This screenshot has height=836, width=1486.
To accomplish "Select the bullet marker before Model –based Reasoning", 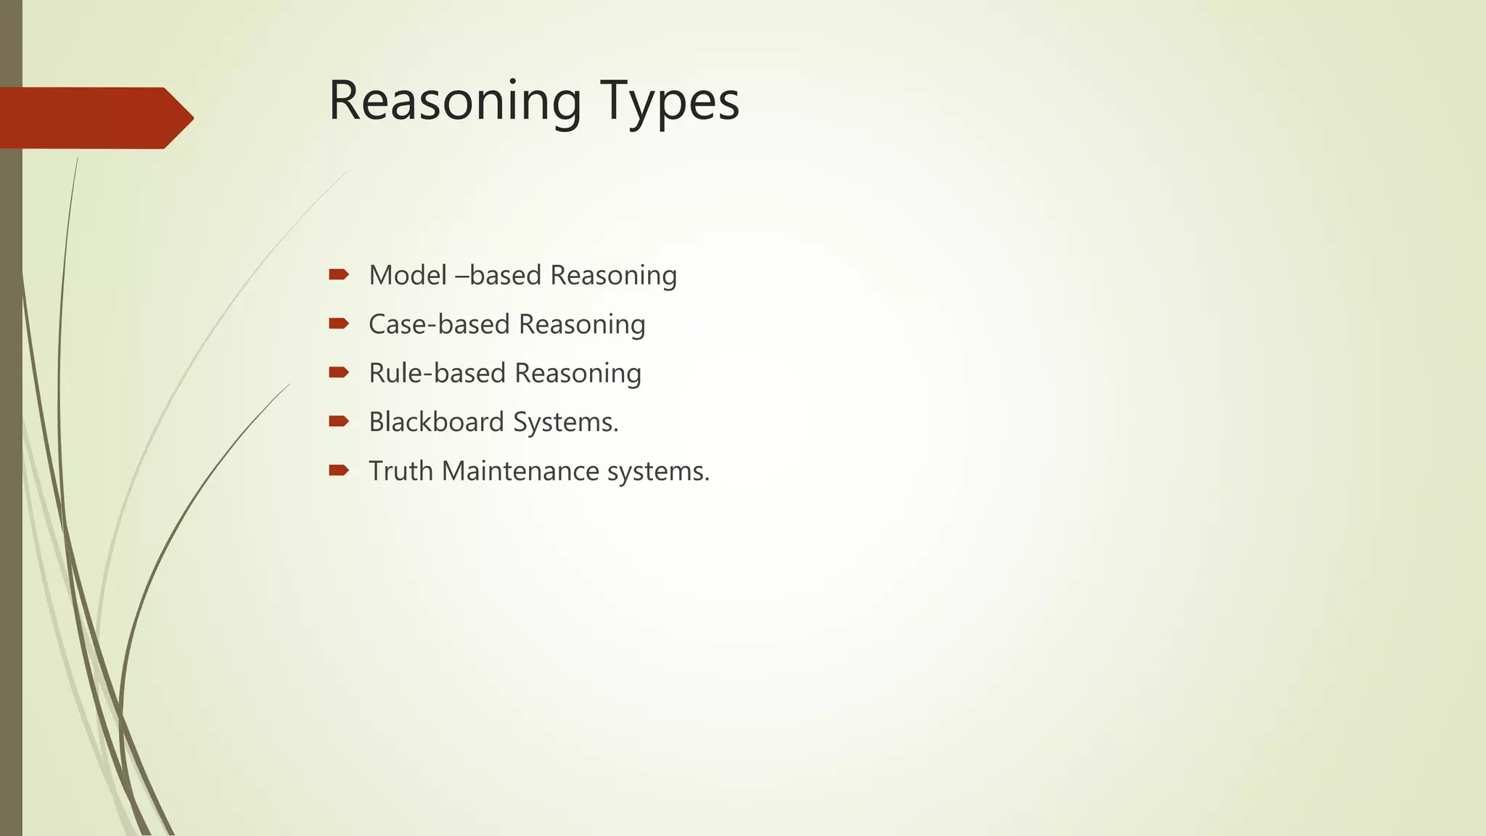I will coord(339,274).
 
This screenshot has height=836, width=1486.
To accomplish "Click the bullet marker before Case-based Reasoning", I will coord(339,324).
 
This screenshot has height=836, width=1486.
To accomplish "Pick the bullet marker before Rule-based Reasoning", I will coord(339,372).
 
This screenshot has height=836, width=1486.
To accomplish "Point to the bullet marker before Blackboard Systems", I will coord(339,422).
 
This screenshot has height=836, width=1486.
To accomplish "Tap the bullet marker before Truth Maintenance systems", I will coord(339,470).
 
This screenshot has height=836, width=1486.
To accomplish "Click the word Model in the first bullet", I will coord(408,275).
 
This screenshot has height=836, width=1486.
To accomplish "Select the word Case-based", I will coord(439,324).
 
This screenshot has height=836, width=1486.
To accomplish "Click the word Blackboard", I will coord(436,422).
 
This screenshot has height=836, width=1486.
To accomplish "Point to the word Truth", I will coord(401,471).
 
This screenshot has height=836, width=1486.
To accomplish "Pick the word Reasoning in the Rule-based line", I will coord(578,374).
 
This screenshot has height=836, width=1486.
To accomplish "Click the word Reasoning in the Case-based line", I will coord(582,325).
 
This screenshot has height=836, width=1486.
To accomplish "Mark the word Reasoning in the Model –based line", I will coord(613,276).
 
